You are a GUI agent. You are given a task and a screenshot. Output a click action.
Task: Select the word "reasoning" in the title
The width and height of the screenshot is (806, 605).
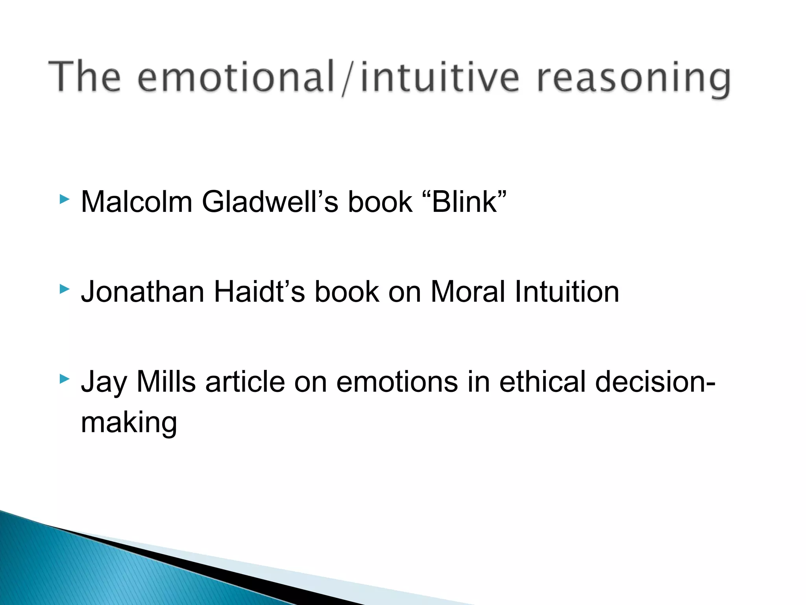tap(634, 79)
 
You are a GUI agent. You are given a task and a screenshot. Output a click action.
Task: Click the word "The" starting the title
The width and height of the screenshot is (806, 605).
tap(85, 77)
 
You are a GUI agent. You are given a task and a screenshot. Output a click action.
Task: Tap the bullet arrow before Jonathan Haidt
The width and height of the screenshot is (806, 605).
tap(64, 290)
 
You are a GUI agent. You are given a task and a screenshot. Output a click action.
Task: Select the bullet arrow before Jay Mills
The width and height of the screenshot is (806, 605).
tap(64, 380)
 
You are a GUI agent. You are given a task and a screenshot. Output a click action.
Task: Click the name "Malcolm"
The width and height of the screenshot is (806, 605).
tap(136, 202)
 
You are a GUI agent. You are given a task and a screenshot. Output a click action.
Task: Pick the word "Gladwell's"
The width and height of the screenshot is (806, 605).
tap(270, 202)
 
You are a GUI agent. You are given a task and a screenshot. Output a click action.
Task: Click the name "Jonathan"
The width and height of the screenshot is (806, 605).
tap(142, 292)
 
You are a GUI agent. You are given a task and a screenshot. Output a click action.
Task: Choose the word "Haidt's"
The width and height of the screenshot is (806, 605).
tap(259, 292)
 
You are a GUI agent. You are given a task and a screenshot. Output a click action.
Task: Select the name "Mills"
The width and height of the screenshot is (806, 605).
tap(166, 382)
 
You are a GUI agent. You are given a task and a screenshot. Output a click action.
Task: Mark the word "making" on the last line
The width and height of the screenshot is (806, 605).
tap(129, 423)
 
